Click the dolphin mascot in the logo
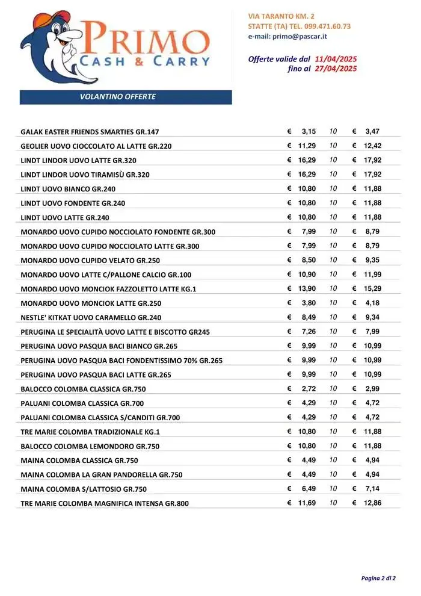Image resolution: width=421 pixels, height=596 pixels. click(51, 51)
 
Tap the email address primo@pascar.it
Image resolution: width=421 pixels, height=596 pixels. click(287, 36)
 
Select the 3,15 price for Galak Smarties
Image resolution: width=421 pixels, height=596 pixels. click(309, 131)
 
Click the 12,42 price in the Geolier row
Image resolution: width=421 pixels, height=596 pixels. click(372, 146)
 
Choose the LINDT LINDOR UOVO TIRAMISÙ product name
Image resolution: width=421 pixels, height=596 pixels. click(85, 175)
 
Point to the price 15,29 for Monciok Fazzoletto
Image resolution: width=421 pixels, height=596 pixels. click(372, 288)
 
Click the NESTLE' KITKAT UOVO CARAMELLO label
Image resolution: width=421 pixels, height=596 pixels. click(82, 318)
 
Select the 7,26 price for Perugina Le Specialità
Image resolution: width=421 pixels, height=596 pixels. click(309, 332)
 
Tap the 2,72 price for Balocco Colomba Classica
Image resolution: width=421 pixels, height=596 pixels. click(309, 388)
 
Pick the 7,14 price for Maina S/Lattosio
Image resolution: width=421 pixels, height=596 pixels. click(372, 488)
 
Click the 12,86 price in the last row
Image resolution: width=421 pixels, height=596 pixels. click(372, 503)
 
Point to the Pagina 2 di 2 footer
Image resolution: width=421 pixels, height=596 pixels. click(378, 579)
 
